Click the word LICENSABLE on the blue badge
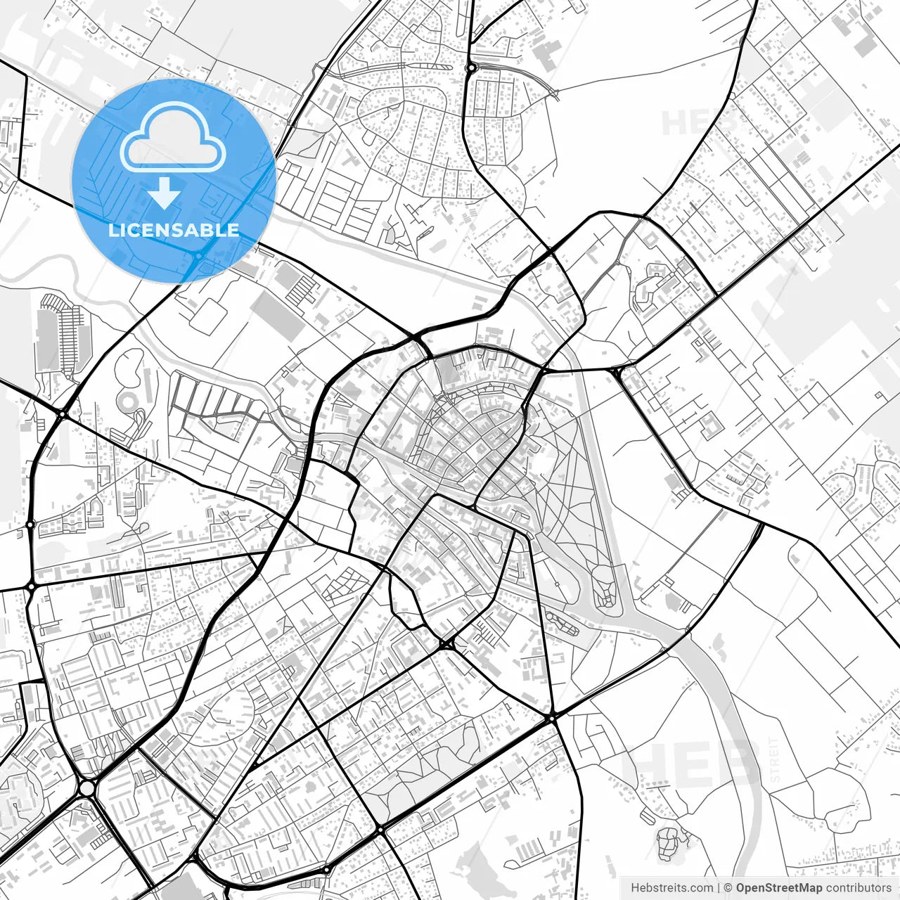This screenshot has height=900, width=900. [174, 230]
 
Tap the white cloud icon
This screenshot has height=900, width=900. [173, 137]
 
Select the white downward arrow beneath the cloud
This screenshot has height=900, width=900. [165, 193]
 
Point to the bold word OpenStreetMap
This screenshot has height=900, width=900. [778, 888]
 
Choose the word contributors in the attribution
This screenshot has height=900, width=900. [858, 888]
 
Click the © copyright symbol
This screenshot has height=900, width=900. [728, 888]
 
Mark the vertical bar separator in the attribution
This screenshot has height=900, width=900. [719, 888]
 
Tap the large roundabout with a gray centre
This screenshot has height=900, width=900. [86, 788]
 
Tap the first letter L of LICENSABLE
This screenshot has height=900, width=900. [112, 230]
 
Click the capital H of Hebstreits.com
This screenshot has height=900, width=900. [635, 888]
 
